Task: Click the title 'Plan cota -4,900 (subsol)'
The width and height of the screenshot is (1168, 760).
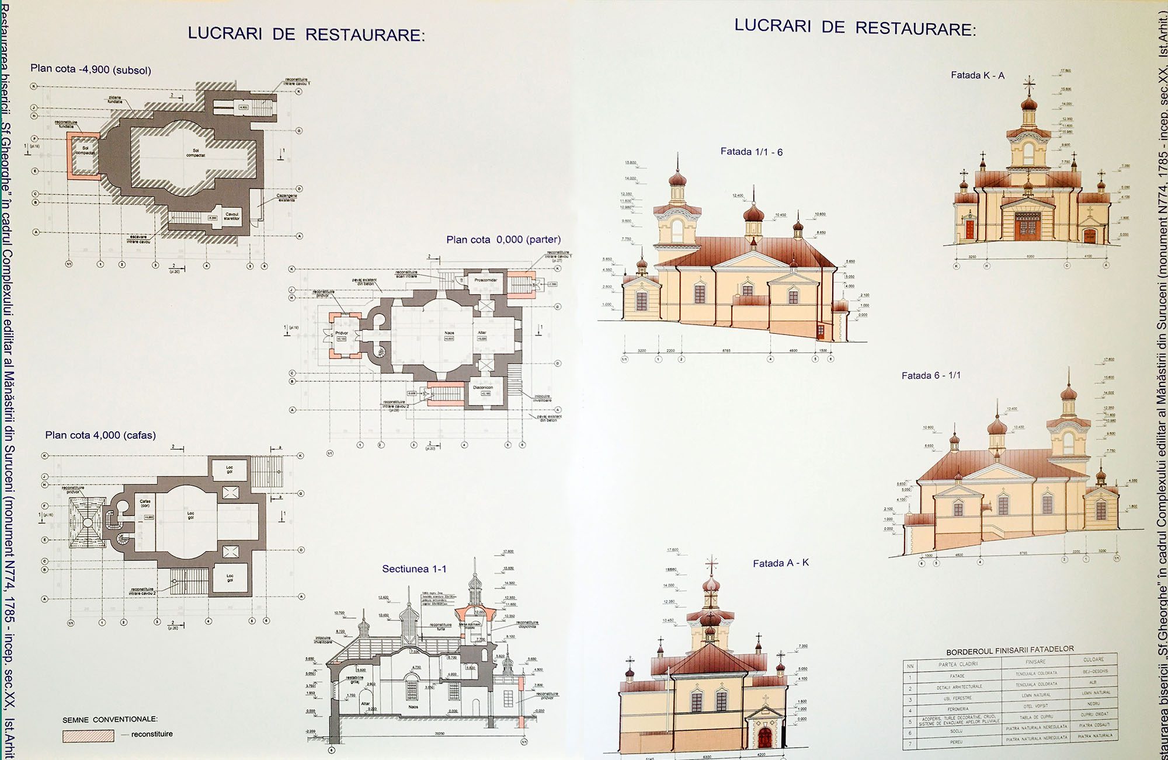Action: [x=91, y=69]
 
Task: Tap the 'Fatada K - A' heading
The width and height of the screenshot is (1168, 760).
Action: [x=978, y=75]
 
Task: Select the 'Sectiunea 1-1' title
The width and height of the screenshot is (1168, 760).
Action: [x=414, y=569]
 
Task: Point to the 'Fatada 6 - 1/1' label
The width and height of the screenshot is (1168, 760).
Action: [x=931, y=375]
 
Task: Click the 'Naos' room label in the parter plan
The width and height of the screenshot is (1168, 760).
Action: [x=449, y=333]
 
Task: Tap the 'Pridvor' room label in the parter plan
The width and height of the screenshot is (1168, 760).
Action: [x=342, y=333]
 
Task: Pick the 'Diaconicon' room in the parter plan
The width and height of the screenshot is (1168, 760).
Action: [x=483, y=388]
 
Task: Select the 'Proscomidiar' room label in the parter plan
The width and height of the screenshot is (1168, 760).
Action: [x=485, y=280]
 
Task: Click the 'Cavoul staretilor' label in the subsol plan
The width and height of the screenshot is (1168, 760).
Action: [x=232, y=216]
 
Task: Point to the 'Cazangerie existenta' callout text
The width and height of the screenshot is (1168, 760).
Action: [x=286, y=197]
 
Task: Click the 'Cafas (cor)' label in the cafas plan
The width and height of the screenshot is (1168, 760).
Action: [x=145, y=503]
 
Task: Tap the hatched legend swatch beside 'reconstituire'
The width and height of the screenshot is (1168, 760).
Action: [x=88, y=735]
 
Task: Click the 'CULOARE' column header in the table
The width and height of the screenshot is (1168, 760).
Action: [x=1093, y=659]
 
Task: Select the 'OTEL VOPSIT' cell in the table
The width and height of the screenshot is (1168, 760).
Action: [x=1036, y=706]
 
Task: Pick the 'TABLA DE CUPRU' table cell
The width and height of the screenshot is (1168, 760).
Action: [x=1036, y=717]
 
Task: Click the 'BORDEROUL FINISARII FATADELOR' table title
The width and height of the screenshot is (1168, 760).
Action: [x=1010, y=650]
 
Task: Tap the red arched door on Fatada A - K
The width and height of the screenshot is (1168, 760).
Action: [x=764, y=737]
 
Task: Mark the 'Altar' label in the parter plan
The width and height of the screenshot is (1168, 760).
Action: [x=482, y=333]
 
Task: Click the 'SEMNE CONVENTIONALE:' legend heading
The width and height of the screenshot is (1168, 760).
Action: [x=110, y=719]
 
